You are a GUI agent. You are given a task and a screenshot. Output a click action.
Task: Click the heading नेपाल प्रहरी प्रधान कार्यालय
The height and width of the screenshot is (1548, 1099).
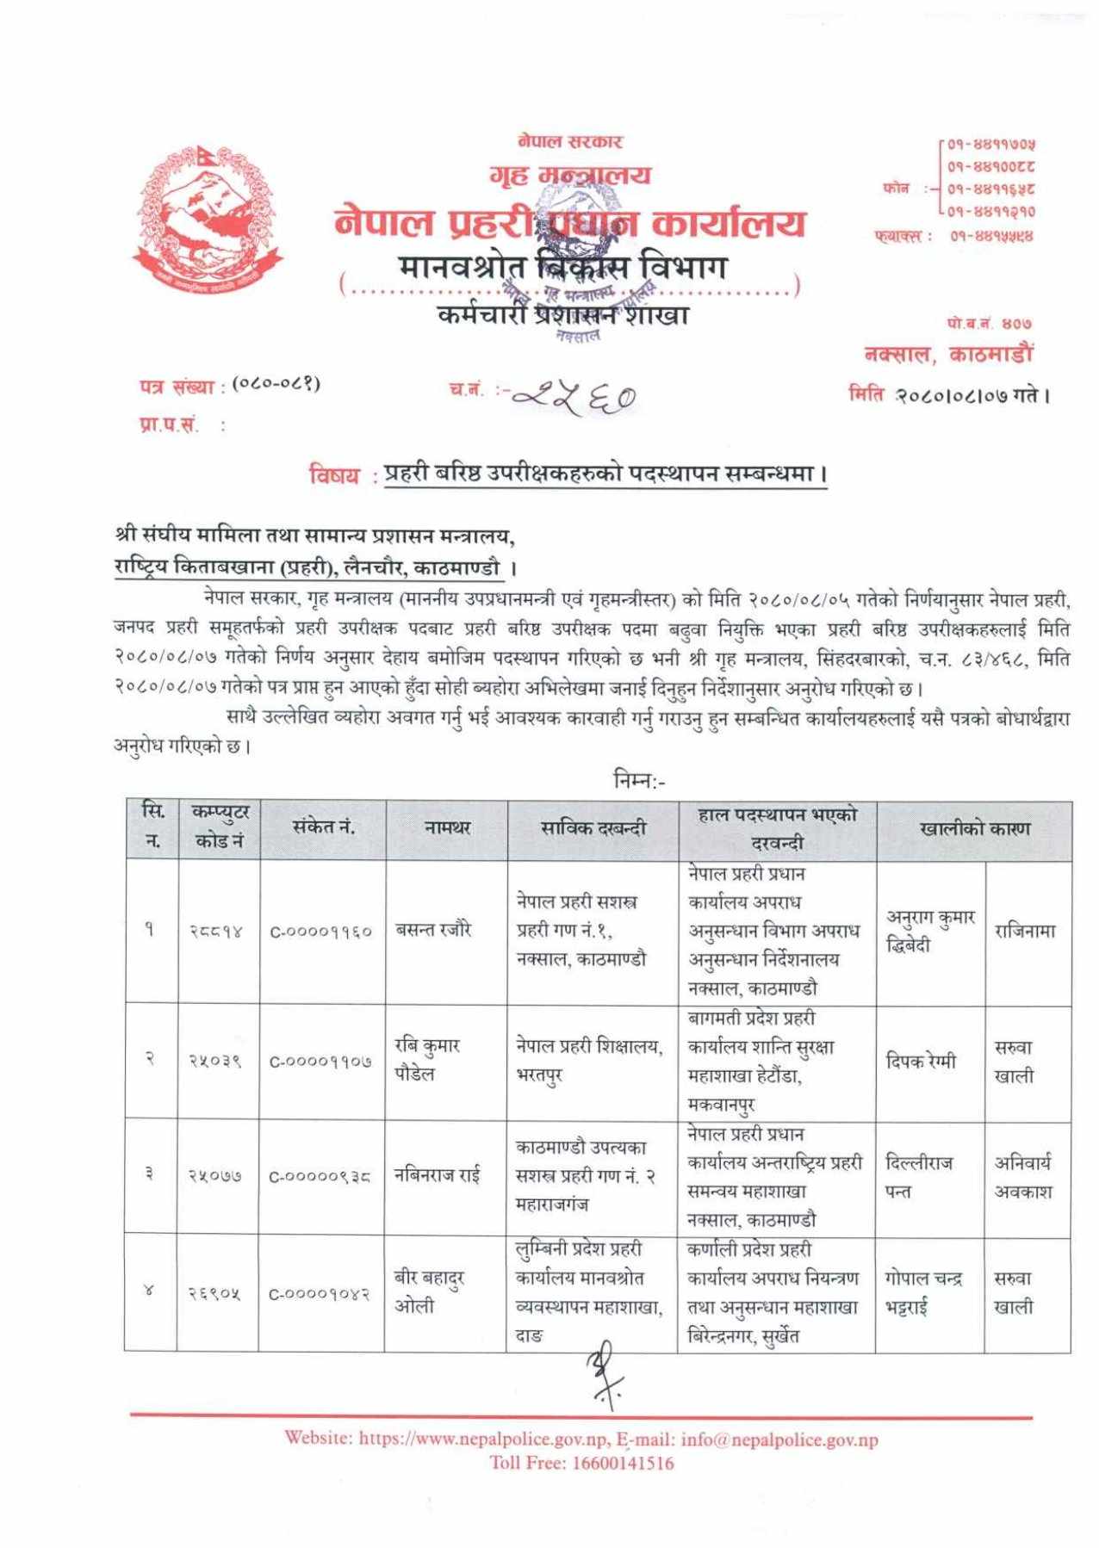click(x=569, y=223)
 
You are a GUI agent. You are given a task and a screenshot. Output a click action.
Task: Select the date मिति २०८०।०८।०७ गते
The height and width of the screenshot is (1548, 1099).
click(x=948, y=395)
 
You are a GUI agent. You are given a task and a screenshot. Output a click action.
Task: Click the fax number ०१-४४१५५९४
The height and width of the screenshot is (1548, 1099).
click(x=991, y=235)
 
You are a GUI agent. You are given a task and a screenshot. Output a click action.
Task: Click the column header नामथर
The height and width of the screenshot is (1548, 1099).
click(x=447, y=828)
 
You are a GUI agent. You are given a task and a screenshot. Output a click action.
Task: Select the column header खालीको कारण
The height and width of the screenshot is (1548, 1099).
click(x=974, y=829)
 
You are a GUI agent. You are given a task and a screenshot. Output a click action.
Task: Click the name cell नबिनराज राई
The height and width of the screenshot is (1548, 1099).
click(x=437, y=1174)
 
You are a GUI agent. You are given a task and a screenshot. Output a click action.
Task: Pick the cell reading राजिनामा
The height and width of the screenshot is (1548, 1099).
click(x=1025, y=931)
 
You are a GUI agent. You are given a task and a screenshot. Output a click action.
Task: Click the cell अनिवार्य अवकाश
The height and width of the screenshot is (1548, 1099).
click(x=1023, y=1176)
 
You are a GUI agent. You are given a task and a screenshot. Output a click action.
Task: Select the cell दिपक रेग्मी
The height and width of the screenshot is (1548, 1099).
click(x=921, y=1062)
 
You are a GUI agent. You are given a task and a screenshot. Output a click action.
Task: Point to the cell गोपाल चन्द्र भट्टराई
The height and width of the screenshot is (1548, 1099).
click(x=923, y=1292)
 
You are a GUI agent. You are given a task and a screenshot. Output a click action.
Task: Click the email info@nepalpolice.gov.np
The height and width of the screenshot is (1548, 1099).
click(x=779, y=1439)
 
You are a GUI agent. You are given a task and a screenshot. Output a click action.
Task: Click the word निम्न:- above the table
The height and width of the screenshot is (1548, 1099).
click(x=638, y=781)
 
